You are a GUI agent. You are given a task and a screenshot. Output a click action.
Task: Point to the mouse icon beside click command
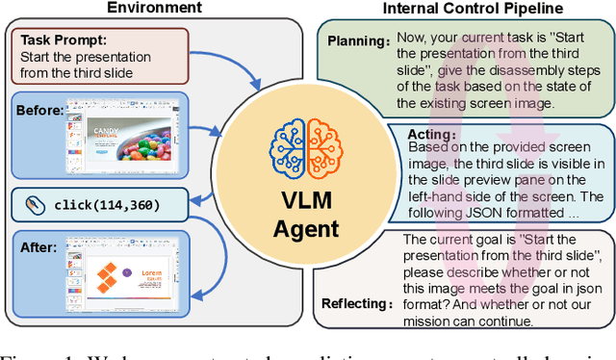click(x=34, y=205)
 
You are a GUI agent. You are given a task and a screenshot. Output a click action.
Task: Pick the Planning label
click(x=358, y=42)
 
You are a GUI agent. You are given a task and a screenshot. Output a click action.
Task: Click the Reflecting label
click(x=356, y=303)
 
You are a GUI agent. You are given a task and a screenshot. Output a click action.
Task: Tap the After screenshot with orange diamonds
click(x=125, y=274)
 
